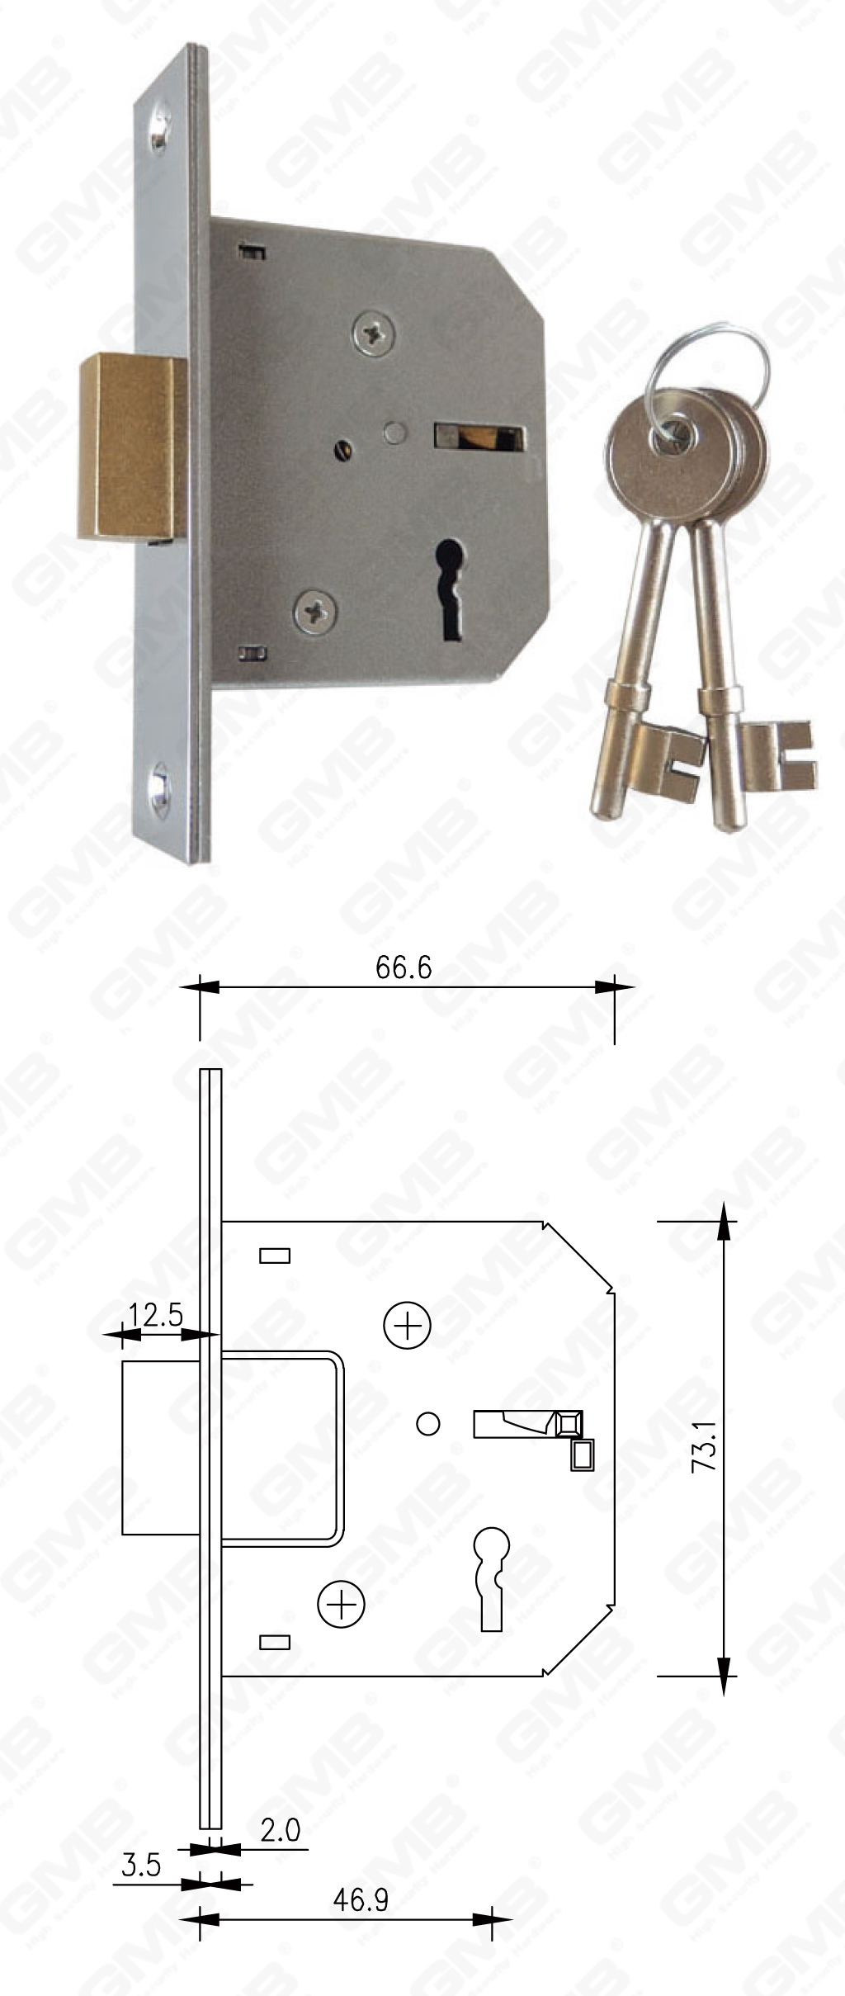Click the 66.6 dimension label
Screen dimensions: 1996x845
click(x=404, y=967)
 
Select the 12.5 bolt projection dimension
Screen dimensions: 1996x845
click(x=156, y=1314)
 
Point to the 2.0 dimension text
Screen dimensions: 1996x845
click(x=281, y=1831)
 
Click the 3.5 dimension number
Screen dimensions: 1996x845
click(x=141, y=1866)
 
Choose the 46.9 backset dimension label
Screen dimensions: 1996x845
click(x=361, y=1900)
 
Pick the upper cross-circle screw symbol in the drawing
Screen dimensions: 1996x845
click(x=408, y=1326)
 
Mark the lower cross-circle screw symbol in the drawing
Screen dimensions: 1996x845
click(x=341, y=1604)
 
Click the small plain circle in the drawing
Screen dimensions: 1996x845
click(x=428, y=1424)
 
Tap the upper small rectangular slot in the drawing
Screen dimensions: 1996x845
click(x=275, y=1256)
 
